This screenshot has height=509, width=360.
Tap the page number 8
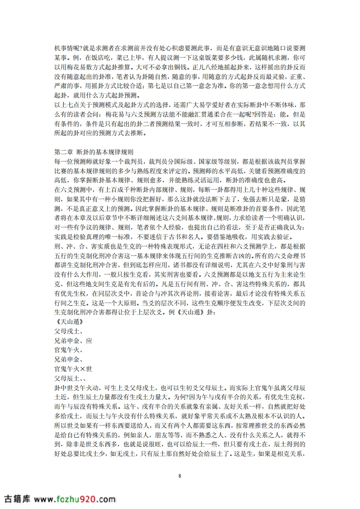point(180,475)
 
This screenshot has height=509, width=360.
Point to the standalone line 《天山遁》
point(69,321)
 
